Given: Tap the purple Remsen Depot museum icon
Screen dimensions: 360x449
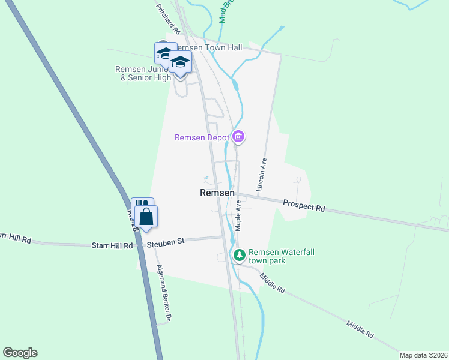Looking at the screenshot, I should [239, 137].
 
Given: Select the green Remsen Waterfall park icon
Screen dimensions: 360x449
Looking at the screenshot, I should [240, 256].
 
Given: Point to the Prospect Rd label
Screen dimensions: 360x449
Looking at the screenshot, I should [304, 206].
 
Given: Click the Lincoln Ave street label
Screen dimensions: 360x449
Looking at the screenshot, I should [262, 175].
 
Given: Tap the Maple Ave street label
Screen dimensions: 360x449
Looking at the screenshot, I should [238, 215].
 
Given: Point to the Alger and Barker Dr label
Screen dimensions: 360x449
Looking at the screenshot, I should [164, 293].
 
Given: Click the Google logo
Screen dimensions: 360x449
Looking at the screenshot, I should [20, 353].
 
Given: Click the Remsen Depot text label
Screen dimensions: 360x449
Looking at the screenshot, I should [202, 137].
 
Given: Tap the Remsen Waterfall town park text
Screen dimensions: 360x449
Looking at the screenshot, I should [278, 257].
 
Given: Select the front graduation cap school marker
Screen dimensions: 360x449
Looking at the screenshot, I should [180, 62].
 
